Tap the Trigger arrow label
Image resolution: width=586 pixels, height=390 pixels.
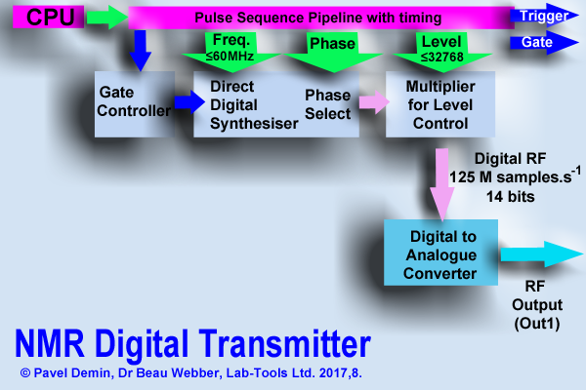click(x=542, y=17)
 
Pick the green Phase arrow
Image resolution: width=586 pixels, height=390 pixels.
click(x=333, y=50)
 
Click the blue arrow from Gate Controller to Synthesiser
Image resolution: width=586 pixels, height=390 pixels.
click(x=183, y=100)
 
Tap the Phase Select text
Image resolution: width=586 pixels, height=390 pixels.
click(x=327, y=103)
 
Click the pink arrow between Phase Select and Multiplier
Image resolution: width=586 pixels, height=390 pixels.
click(x=370, y=100)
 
